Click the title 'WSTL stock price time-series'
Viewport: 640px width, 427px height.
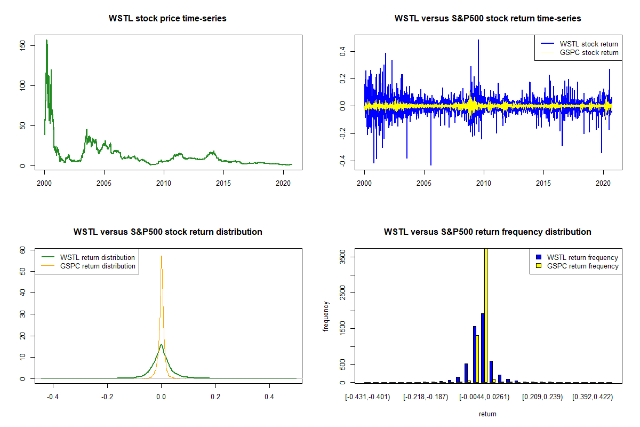(x=167, y=19)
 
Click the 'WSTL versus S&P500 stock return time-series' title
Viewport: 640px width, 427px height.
(x=487, y=19)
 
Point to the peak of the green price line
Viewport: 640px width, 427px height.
(x=46, y=40)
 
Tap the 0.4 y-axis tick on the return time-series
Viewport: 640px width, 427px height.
(x=342, y=52)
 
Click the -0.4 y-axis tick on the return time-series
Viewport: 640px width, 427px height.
(x=342, y=162)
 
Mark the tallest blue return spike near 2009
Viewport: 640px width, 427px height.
(x=478, y=40)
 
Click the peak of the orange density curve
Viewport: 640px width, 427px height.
(x=162, y=256)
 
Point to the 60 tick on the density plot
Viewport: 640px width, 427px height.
(x=23, y=250)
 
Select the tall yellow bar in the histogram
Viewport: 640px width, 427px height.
(x=486, y=315)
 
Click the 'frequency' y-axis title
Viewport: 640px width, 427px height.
(x=326, y=317)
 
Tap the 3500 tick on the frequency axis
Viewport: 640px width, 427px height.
(x=342, y=257)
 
